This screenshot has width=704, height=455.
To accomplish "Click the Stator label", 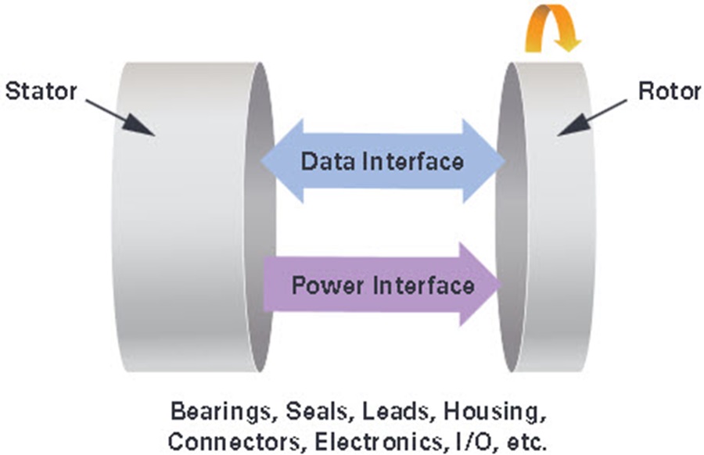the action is (x=41, y=91).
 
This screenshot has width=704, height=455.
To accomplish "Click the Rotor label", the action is (x=670, y=91).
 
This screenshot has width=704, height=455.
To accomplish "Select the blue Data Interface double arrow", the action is (x=383, y=161).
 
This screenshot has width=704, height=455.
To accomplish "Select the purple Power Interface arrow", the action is (x=383, y=284).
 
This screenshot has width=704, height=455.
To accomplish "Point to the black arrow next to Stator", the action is (x=120, y=117).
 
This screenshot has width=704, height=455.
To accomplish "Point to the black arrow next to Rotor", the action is (x=592, y=117).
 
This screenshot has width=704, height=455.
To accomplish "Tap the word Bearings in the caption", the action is (x=221, y=411).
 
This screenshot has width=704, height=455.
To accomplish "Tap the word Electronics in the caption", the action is (x=378, y=442).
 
